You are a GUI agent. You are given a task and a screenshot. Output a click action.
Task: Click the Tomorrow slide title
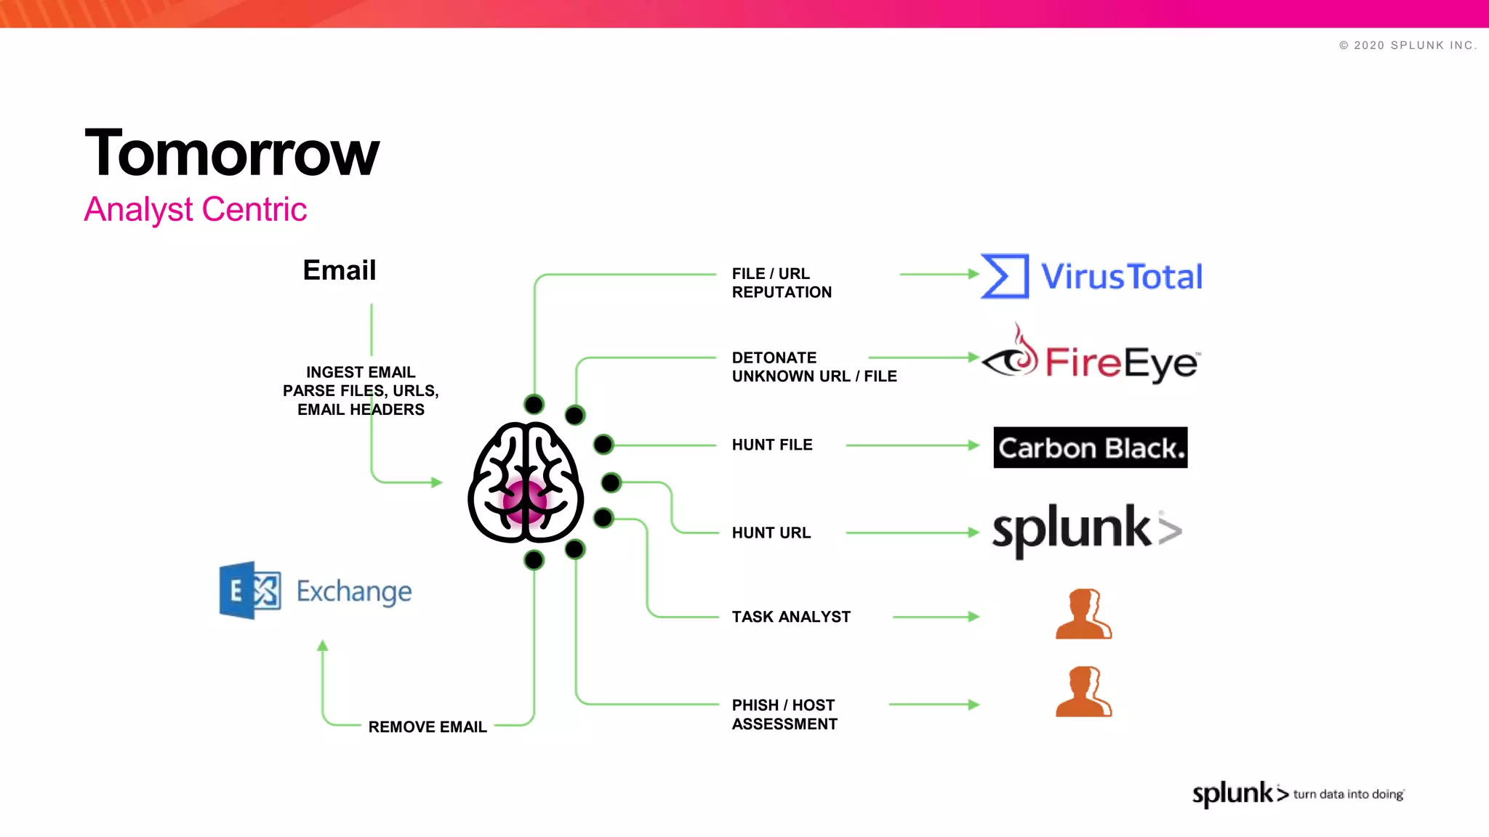pyautogui.click(x=231, y=153)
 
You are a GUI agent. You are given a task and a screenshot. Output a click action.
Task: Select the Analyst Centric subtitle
pyautogui.click(x=195, y=209)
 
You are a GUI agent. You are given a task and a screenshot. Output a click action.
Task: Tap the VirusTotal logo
pyautogui.click(x=1091, y=276)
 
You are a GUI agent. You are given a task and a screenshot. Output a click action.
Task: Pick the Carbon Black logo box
pyautogui.click(x=1090, y=448)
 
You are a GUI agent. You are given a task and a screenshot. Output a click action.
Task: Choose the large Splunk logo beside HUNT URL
pyautogui.click(x=1086, y=530)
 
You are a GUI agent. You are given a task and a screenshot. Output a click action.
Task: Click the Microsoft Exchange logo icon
pyautogui.click(x=250, y=590)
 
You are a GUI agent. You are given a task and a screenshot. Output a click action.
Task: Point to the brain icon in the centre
pyautogui.click(x=525, y=482)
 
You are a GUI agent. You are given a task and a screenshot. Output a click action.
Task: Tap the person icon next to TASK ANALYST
pyautogui.click(x=1083, y=615)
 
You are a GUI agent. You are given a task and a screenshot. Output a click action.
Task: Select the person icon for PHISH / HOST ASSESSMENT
pyautogui.click(x=1083, y=692)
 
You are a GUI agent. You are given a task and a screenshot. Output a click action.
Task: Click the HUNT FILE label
pyautogui.click(x=771, y=445)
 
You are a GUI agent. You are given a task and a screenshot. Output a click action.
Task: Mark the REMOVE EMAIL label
pyautogui.click(x=428, y=727)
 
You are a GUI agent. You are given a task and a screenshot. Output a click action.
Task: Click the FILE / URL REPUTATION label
pyautogui.click(x=781, y=283)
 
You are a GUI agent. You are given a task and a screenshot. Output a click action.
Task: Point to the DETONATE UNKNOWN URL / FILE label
pyautogui.click(x=814, y=367)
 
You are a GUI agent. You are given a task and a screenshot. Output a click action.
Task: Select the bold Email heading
pyautogui.click(x=339, y=270)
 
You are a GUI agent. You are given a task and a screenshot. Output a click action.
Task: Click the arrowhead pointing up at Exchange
pyautogui.click(x=323, y=645)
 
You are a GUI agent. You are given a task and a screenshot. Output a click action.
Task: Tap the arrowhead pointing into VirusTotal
pyautogui.click(x=974, y=274)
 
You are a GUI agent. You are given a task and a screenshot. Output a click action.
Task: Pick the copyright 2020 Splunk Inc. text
pyautogui.click(x=1407, y=45)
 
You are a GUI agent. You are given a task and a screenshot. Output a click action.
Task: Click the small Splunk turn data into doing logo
pyautogui.click(x=1297, y=793)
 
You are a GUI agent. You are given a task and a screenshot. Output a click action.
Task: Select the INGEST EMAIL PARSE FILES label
pyautogui.click(x=361, y=391)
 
